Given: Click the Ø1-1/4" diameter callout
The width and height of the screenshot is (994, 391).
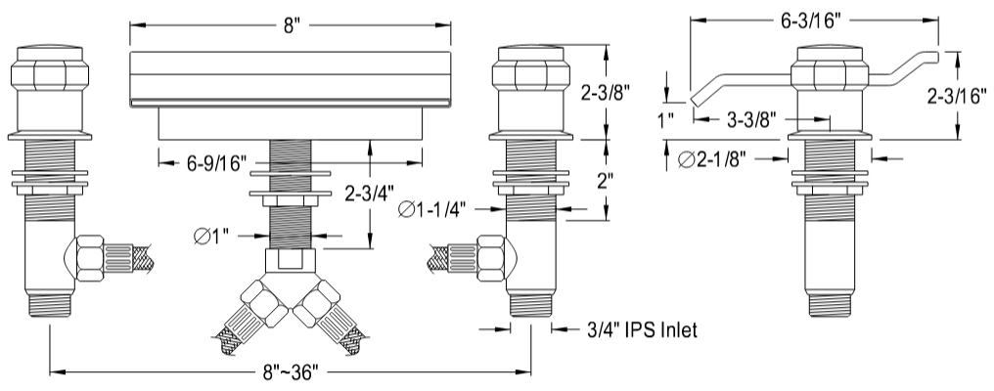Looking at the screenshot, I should [433, 209].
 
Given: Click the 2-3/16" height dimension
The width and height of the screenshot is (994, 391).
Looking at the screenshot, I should [959, 97].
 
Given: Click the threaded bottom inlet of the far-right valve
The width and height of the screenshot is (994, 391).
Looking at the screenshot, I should [832, 304].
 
